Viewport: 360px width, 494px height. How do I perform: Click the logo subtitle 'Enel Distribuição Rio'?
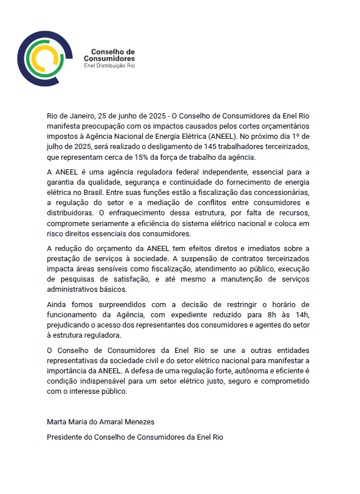[109, 65]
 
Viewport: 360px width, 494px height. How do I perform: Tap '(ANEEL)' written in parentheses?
[225, 136]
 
